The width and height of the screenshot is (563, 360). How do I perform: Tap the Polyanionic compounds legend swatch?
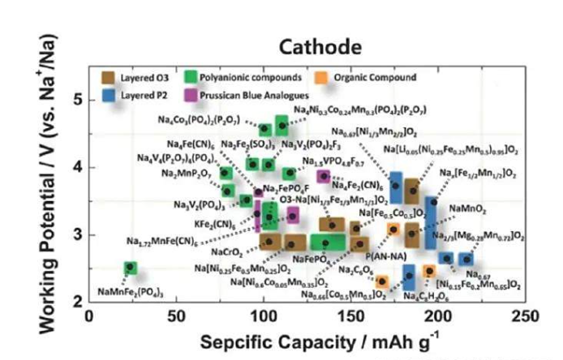(193, 79)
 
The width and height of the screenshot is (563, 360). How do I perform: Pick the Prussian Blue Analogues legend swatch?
(193, 95)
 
